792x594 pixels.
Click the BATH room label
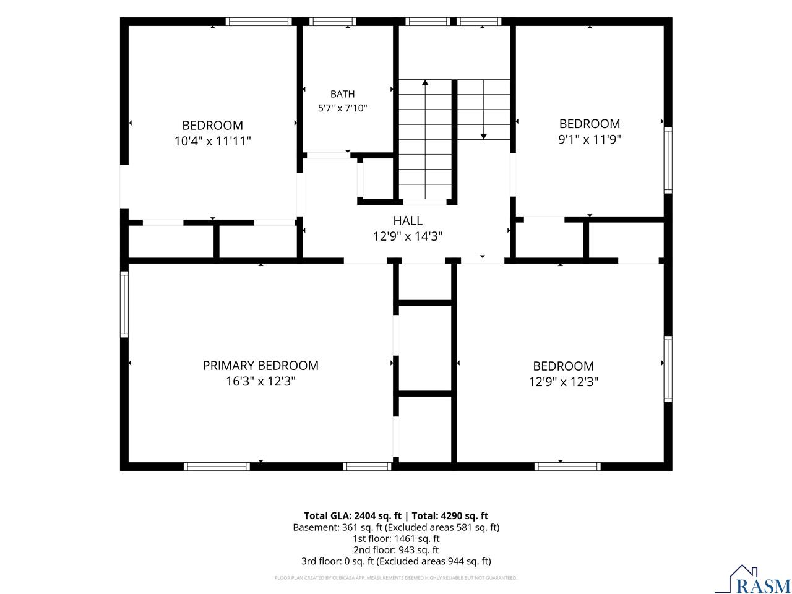(x=342, y=94)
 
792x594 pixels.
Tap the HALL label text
(x=407, y=220)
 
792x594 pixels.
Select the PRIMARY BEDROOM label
(x=260, y=366)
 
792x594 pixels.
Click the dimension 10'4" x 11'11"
(x=212, y=141)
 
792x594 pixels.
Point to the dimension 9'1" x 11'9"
(x=589, y=139)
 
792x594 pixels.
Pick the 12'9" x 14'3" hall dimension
(x=407, y=236)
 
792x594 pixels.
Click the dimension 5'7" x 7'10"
(x=342, y=108)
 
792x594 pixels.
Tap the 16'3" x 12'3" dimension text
(x=260, y=381)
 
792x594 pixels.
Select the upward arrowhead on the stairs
(x=425, y=82)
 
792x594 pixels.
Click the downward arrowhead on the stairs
(x=483, y=136)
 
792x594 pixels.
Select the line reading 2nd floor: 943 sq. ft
(x=396, y=549)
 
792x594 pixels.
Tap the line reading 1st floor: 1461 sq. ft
(x=396, y=538)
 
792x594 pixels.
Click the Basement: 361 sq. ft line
(x=396, y=527)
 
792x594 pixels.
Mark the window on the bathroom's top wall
(x=332, y=22)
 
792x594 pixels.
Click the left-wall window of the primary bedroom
(x=124, y=304)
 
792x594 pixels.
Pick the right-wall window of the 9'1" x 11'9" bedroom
(x=668, y=160)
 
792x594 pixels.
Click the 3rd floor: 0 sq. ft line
(x=396, y=561)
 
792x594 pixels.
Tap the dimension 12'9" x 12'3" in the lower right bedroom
(x=563, y=382)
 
